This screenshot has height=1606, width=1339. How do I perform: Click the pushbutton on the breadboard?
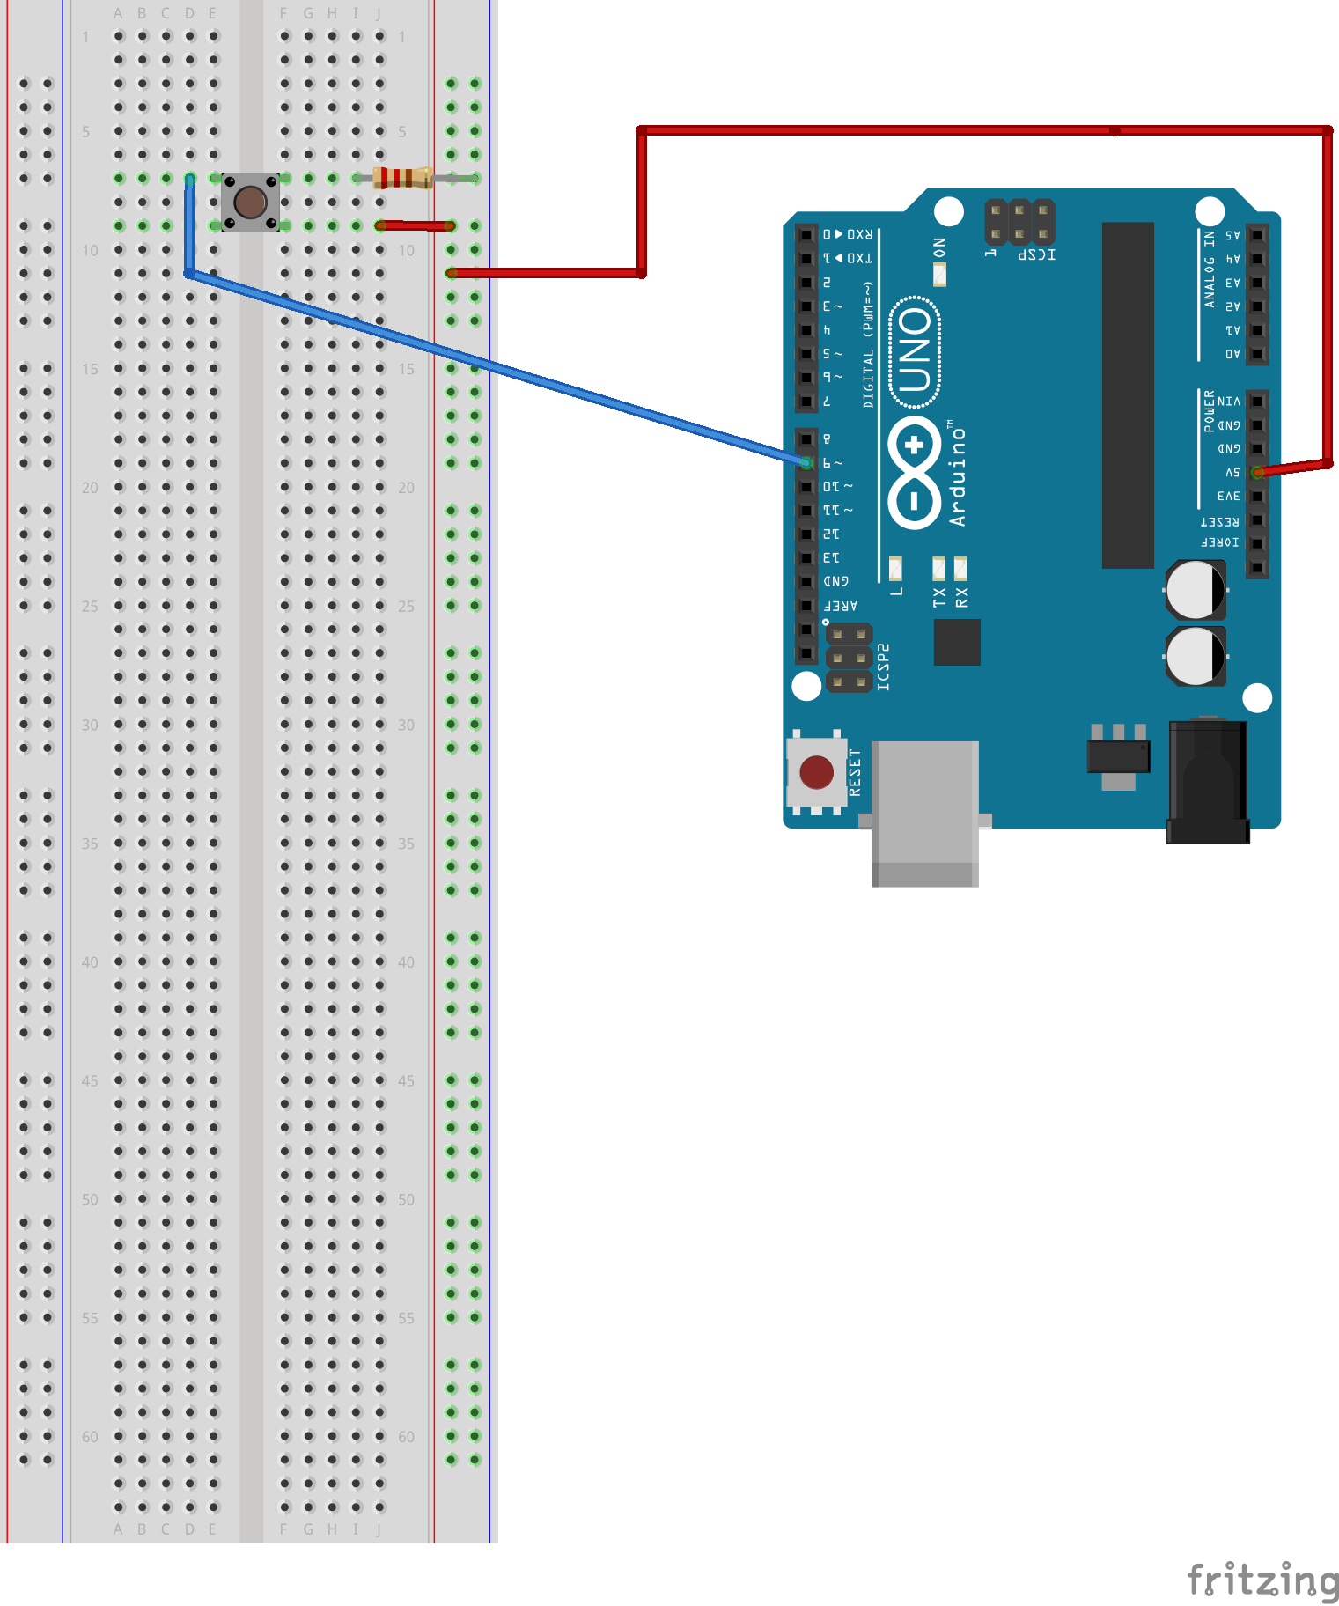[250, 203]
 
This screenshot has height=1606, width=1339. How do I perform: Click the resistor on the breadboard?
[403, 178]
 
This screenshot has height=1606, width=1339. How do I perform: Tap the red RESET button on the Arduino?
[816, 772]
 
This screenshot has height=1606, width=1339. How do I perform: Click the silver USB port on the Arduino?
[924, 810]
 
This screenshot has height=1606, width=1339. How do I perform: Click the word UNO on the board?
[916, 352]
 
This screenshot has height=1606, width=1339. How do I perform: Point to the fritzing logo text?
[1262, 1580]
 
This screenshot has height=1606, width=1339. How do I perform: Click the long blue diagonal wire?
[493, 366]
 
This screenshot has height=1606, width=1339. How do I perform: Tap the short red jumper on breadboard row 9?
[414, 226]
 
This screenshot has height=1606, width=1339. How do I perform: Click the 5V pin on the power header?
[1257, 473]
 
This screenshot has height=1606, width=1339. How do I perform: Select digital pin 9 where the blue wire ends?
[806, 462]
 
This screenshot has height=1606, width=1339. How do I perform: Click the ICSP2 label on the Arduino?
[884, 667]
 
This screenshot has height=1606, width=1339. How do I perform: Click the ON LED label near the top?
[939, 247]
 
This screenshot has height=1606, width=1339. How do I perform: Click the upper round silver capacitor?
[1195, 590]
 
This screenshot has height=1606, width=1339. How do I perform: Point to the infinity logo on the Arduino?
[915, 473]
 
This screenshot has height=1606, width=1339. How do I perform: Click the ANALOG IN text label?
[1209, 269]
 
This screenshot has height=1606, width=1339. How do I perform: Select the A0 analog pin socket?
[1257, 354]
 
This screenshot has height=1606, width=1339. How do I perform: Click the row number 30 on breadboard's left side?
[90, 725]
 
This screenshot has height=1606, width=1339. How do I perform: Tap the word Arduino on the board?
[958, 475]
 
